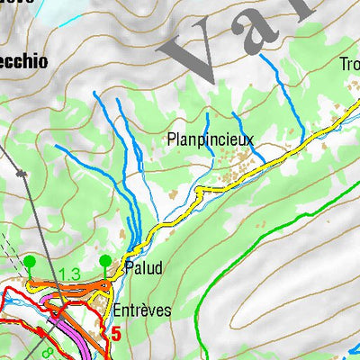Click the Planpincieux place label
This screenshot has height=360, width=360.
click(x=210, y=139)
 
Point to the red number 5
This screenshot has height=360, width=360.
click(x=115, y=334)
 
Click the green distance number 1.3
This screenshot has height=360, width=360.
click(x=70, y=274)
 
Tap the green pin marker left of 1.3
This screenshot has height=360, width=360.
click(x=30, y=262)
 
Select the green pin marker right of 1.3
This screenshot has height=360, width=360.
click(x=105, y=262)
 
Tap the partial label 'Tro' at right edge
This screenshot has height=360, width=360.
click(x=349, y=64)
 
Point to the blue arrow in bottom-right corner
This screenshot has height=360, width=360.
click(x=353, y=354)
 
